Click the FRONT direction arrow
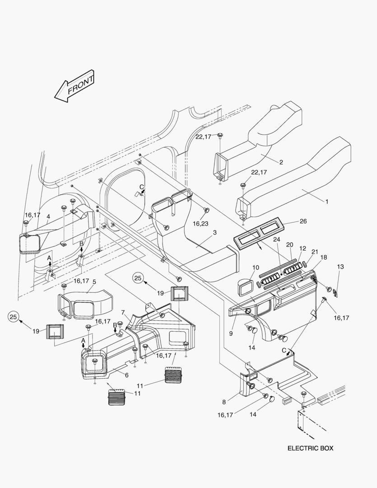74,86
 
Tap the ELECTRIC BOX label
310,448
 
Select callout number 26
303,221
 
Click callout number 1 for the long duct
326,202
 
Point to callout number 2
281,162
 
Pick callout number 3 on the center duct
214,233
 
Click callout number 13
340,267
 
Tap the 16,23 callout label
200,224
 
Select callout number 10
256,267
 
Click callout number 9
231,333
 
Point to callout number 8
224,402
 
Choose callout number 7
123,312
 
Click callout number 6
126,375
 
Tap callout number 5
94,282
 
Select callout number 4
48,216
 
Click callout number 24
276,239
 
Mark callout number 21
315,252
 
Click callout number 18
324,258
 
